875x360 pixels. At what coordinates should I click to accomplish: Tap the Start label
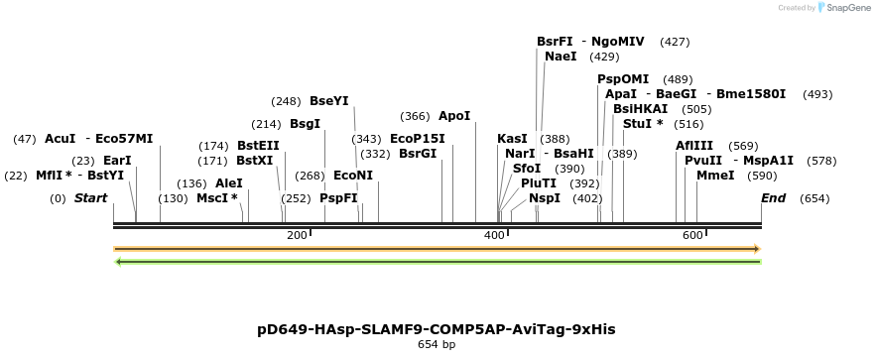(90, 198)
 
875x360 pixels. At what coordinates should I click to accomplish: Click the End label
(773, 198)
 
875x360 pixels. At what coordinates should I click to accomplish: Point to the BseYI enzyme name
(328, 101)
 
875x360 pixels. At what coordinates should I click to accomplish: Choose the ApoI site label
(454, 116)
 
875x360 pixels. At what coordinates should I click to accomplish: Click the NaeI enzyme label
(561, 57)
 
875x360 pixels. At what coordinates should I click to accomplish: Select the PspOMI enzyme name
(623, 79)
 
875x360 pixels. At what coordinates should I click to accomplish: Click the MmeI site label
(715, 176)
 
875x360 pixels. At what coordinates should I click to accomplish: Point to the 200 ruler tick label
(297, 235)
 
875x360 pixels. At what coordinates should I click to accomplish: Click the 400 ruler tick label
(494, 235)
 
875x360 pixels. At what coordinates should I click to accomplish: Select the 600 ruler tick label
(691, 235)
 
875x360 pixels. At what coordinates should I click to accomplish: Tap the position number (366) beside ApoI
(415, 116)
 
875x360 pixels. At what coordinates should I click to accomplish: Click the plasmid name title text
(437, 329)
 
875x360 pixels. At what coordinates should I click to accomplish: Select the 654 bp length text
(437, 345)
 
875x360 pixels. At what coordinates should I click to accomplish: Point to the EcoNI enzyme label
(353, 176)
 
